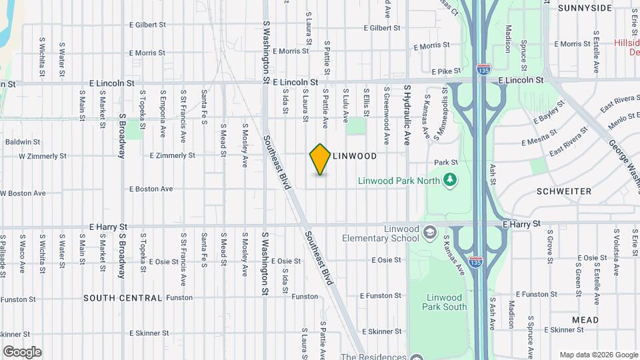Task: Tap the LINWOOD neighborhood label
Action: (355, 156)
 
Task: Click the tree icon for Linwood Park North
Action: (451, 179)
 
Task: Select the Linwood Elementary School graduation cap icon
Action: (430, 232)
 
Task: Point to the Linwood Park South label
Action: (445, 302)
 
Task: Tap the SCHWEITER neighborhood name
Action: (563, 191)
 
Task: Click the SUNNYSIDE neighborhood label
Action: (585, 8)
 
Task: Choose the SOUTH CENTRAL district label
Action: (123, 298)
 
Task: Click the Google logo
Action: (22, 352)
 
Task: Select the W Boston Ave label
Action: (23, 193)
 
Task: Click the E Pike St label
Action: (447, 71)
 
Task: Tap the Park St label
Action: (446, 162)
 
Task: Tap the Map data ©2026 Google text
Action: (598, 355)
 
